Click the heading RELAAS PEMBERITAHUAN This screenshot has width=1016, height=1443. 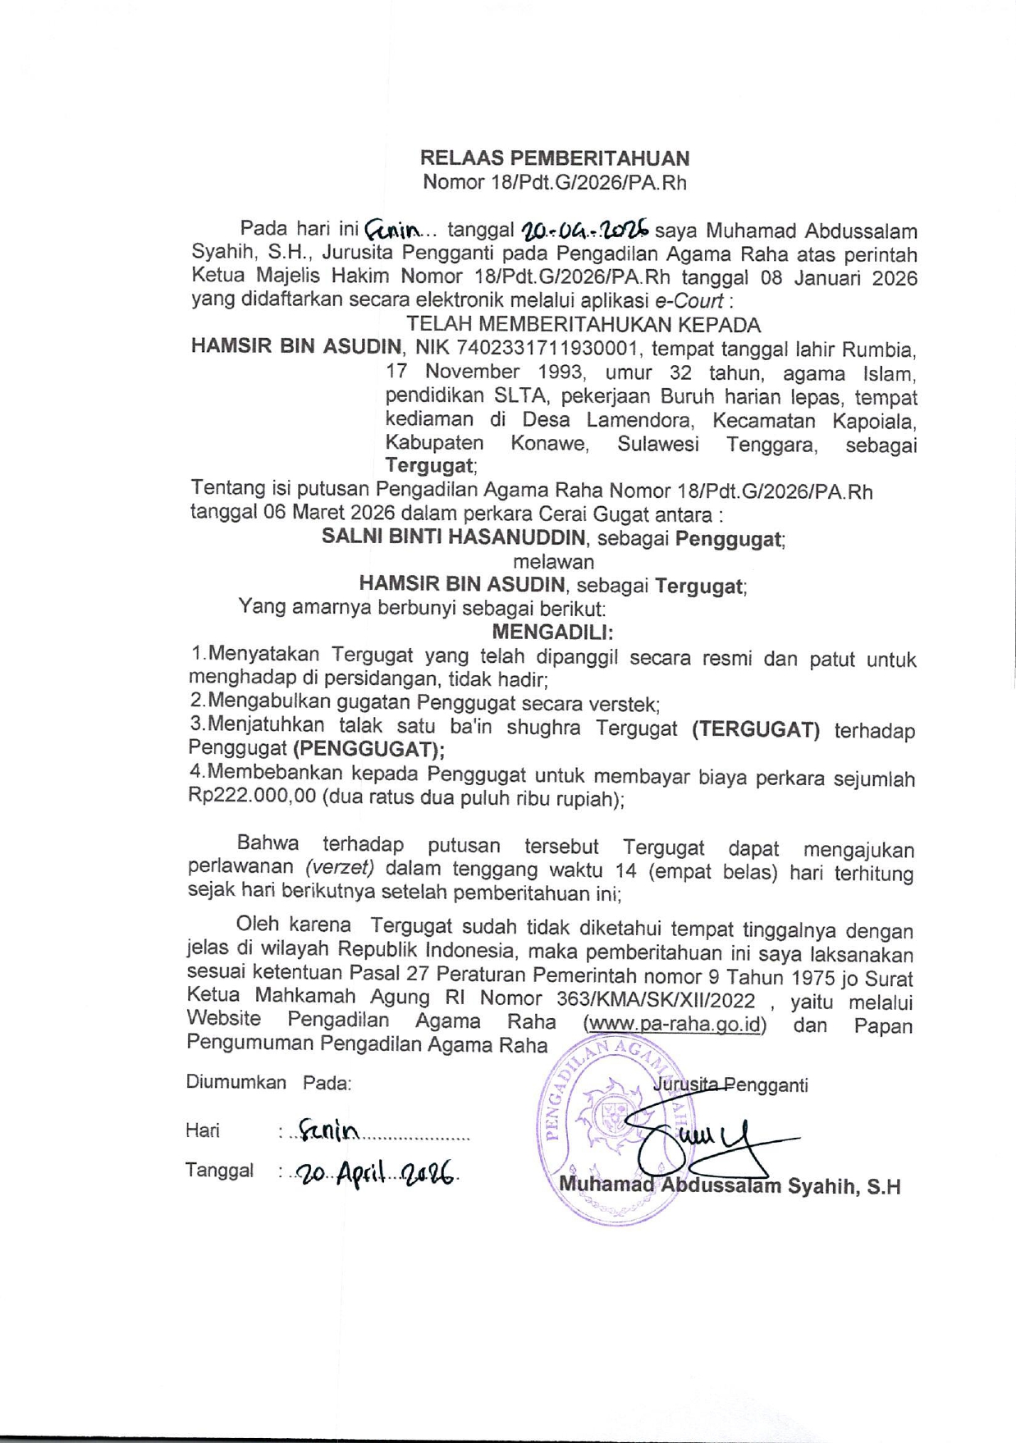coord(555,158)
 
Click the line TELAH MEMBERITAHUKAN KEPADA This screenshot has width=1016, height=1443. coord(583,325)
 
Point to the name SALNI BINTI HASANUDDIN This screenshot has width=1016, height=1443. coord(454,538)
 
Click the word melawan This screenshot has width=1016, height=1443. coord(553,562)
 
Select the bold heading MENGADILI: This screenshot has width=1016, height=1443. coord(553,632)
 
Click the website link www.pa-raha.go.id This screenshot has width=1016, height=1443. coord(674,1025)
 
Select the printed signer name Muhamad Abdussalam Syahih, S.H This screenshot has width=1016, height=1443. coord(730,1186)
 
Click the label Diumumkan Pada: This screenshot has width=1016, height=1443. coord(268,1082)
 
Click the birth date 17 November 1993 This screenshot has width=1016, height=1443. coord(485,373)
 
